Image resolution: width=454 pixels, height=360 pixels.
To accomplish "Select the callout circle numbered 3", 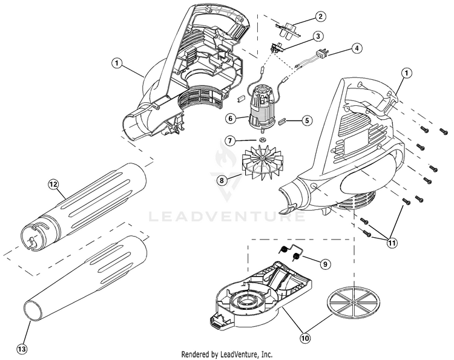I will [x=318, y=36].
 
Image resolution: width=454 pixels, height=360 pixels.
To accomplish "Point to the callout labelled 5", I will [x=307, y=120].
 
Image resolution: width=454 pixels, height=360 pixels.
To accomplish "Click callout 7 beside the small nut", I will [x=230, y=140].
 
